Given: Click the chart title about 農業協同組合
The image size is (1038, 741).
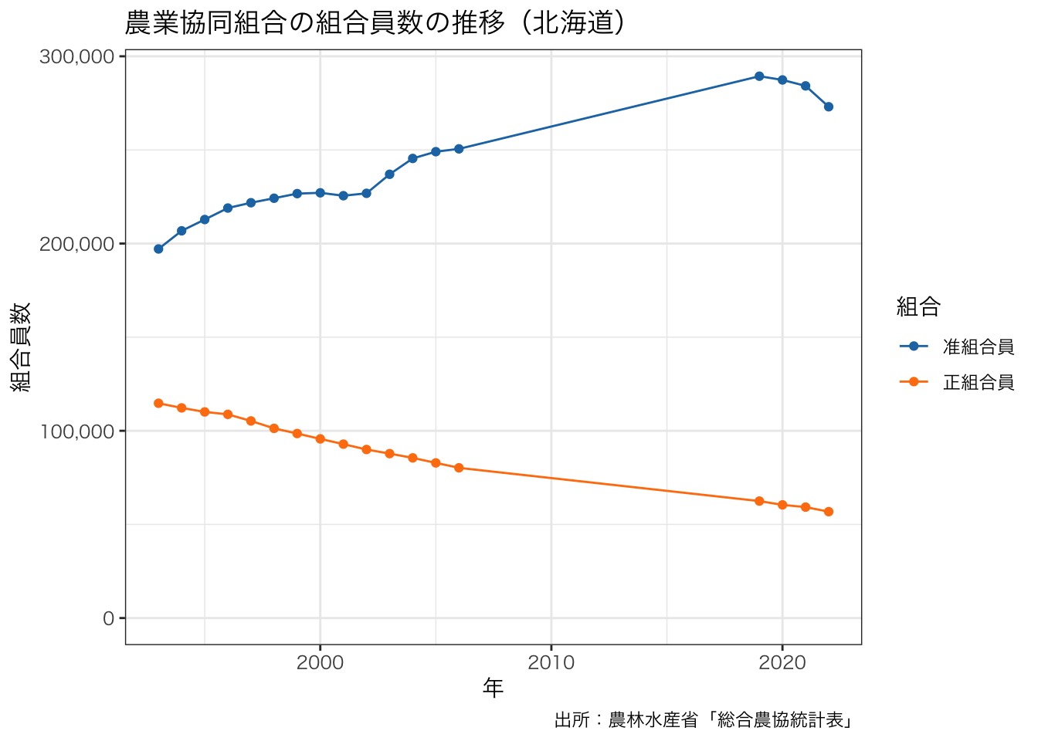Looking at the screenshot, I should pyautogui.click(x=375, y=23).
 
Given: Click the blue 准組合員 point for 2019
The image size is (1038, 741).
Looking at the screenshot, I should pyautogui.click(x=759, y=76).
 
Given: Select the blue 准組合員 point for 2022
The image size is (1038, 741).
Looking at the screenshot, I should pyautogui.click(x=829, y=107).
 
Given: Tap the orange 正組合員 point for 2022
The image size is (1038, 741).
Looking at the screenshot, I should pyautogui.click(x=829, y=512).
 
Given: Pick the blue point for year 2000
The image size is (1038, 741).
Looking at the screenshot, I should pyautogui.click(x=320, y=193).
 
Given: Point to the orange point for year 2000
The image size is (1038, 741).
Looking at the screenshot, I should pyautogui.click(x=320, y=439).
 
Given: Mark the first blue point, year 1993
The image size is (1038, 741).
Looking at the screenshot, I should pyautogui.click(x=158, y=249).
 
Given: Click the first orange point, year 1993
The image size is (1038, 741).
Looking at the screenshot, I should pyautogui.click(x=158, y=403).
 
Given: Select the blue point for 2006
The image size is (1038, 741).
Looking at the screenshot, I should pyautogui.click(x=459, y=149).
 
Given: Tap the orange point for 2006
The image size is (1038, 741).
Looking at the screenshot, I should pyautogui.click(x=459, y=468).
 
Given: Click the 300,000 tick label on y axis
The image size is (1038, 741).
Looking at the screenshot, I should pyautogui.click(x=76, y=57).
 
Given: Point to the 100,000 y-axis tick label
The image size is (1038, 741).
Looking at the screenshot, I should pyautogui.click(x=76, y=431).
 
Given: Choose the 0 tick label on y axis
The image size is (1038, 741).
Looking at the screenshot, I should pyautogui.click(x=108, y=618).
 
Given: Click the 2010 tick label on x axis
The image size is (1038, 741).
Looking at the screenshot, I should pyautogui.click(x=551, y=663).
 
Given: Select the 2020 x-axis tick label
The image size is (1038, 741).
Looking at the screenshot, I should pyautogui.click(x=782, y=663).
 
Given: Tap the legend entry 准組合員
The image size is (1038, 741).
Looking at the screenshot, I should pyautogui.click(x=978, y=347).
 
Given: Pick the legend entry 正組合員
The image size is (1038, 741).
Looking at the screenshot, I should pyautogui.click(x=978, y=382).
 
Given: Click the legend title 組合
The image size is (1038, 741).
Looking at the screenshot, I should pyautogui.click(x=918, y=307).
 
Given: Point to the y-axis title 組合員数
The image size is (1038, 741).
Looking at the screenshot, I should pyautogui.click(x=21, y=347).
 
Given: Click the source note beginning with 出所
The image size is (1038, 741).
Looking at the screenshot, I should pyautogui.click(x=704, y=720).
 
